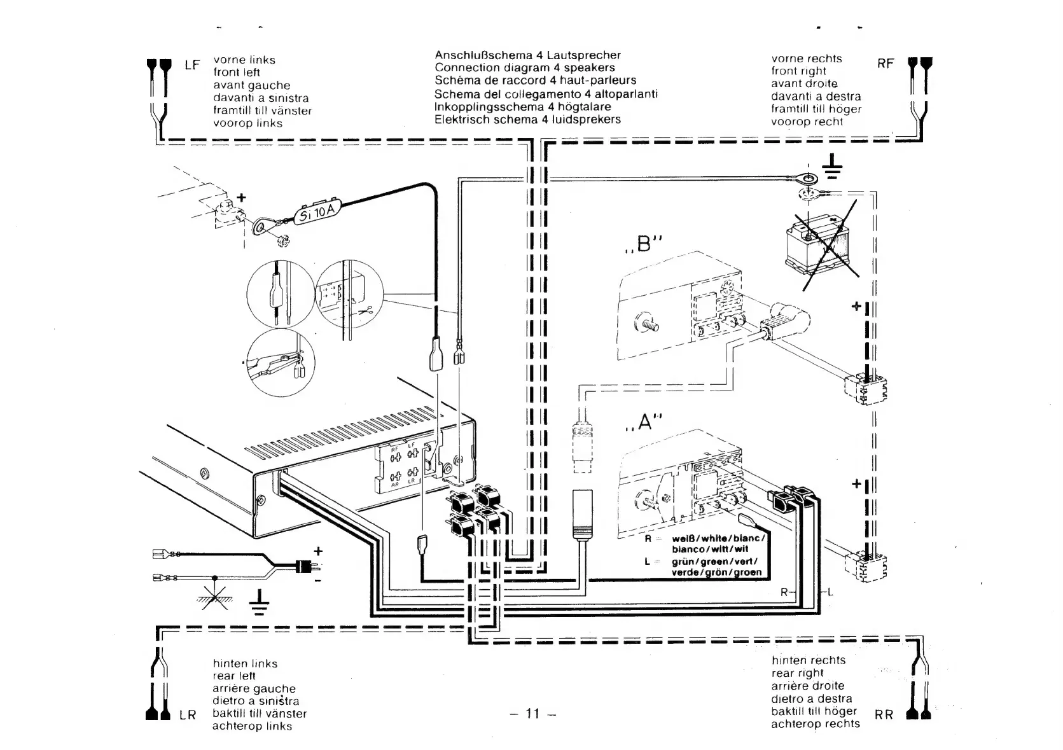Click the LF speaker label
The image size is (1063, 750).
192,65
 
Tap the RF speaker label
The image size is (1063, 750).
885,64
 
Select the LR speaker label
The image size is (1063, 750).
188,715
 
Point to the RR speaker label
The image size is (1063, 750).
884,715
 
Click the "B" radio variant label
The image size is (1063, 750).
645,244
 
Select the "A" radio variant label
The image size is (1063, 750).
644,422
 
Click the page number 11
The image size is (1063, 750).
533,714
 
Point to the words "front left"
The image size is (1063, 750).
237,73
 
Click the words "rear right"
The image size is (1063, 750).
797,673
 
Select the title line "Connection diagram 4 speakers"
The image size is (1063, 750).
525,67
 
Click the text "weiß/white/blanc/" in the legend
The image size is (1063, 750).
717,538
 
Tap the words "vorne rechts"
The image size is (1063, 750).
806,59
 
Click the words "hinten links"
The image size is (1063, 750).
245,663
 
